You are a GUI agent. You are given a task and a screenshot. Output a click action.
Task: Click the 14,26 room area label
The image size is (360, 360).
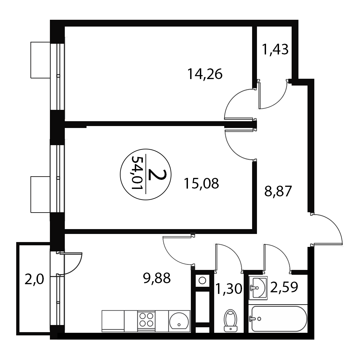pyautogui.click(x=205, y=74)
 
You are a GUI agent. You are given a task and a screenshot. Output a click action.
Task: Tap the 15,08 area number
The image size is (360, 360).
pyautogui.click(x=201, y=183)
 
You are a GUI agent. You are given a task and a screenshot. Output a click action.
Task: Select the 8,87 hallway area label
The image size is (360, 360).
pyautogui.click(x=278, y=191)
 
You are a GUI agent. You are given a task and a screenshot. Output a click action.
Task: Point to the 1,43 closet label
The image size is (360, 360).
pyautogui.click(x=275, y=49)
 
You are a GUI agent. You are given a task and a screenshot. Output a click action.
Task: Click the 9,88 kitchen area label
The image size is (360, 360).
pyautogui.click(x=157, y=278)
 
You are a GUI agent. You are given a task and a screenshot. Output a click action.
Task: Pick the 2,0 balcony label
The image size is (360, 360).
pyautogui.click(x=34, y=280)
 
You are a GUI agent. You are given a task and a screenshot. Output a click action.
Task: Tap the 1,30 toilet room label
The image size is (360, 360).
pyautogui.click(x=229, y=289)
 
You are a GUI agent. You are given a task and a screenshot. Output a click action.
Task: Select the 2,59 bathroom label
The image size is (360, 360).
pyautogui.click(x=284, y=287)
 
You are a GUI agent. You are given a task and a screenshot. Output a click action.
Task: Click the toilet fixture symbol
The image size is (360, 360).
pyautogui.click(x=230, y=320)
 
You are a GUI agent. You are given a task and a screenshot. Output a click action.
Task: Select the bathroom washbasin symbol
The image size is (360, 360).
pyautogui.click(x=258, y=288)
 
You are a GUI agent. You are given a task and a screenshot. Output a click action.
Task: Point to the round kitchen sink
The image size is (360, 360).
pyautogui.click(x=179, y=321)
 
